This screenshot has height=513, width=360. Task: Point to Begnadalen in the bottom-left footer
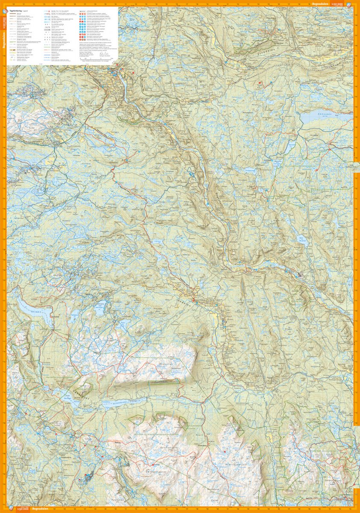click(43, 509)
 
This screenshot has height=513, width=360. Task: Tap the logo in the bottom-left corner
click(11, 508)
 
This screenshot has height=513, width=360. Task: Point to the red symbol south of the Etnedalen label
click(259, 83)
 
